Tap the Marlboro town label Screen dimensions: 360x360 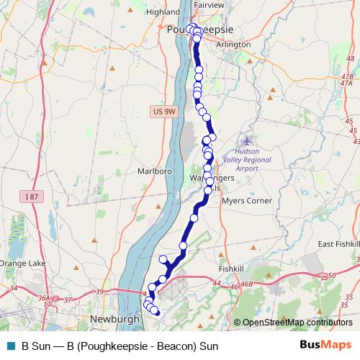coord(152,172)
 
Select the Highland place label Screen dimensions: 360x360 coord(162,12)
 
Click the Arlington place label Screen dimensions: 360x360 coord(233,45)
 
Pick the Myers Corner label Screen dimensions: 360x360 coord(246,201)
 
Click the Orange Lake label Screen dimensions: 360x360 coord(22,264)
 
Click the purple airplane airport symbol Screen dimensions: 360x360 coord(248,141)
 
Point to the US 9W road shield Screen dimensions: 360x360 coord(164,112)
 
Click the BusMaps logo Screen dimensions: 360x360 coord(325,345)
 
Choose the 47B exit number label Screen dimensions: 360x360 coord(348,76)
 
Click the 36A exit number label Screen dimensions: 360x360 coord(45,297)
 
